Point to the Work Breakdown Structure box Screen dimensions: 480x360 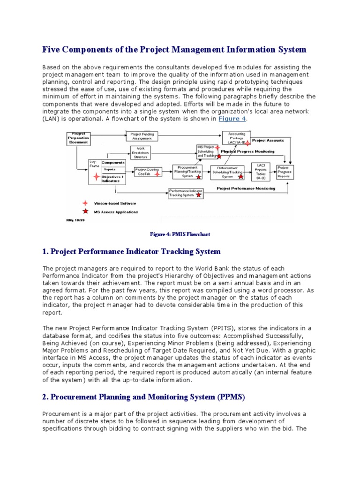(143, 152)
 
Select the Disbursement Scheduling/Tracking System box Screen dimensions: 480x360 (227, 172)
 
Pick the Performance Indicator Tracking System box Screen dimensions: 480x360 (186, 193)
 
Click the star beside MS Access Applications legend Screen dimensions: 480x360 (85, 211)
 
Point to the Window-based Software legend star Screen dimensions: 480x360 (85, 203)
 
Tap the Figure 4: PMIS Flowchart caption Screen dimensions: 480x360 (180, 233)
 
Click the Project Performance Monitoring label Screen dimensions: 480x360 (246, 188)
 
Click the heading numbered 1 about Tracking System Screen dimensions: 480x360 (131, 252)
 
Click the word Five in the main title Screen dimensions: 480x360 (52, 49)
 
